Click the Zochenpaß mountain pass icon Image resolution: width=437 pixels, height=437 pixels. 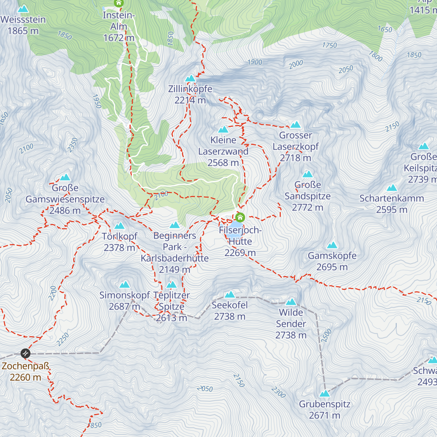pos(25,353)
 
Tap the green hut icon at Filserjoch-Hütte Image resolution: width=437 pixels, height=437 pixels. pos(240,218)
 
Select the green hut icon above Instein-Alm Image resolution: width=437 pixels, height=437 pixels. pos(119,3)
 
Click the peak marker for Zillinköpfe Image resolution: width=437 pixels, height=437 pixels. pos(190,79)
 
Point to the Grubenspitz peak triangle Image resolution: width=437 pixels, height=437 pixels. pos(324,394)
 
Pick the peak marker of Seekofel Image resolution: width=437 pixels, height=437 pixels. pos(230,295)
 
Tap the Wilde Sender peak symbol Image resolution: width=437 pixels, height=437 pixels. pos(291,302)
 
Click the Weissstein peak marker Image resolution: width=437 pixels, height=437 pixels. pos(23,9)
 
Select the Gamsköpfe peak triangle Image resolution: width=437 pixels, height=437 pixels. pos(332,245)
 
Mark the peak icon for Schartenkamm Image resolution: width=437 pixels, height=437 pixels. pos(392,188)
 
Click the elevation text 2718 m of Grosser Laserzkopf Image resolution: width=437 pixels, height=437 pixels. pos(295,158)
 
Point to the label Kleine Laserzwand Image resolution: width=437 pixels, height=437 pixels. pos(223,146)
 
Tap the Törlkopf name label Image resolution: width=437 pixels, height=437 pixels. pos(119,236)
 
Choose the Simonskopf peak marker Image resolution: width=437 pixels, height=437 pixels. pos(125,284)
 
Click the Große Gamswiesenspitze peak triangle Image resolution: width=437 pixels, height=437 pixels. pos(65,177)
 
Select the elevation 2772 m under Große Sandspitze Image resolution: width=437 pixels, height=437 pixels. pos(307,208)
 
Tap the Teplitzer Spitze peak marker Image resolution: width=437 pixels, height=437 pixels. pos(172,284)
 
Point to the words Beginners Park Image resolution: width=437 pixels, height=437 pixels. pos(174,241)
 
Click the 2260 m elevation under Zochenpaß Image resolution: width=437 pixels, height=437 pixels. pos(25,378)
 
